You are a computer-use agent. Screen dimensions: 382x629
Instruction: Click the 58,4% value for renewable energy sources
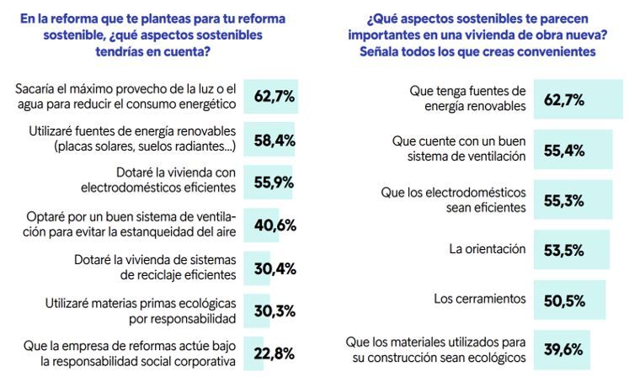(x=274, y=140)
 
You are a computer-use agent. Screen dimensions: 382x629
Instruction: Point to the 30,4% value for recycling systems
(x=274, y=270)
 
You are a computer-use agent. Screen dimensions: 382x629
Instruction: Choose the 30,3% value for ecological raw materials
(x=274, y=312)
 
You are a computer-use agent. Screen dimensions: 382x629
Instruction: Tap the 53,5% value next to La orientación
(x=564, y=249)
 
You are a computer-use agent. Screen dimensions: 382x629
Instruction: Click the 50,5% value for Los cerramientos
(x=564, y=299)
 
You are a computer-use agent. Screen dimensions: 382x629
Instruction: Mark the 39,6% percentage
(x=564, y=349)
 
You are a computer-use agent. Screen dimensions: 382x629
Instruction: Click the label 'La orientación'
(x=486, y=249)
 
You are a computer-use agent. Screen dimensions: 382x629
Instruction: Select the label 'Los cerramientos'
(x=480, y=299)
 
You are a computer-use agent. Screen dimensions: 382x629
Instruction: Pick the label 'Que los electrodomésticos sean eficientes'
(x=454, y=199)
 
